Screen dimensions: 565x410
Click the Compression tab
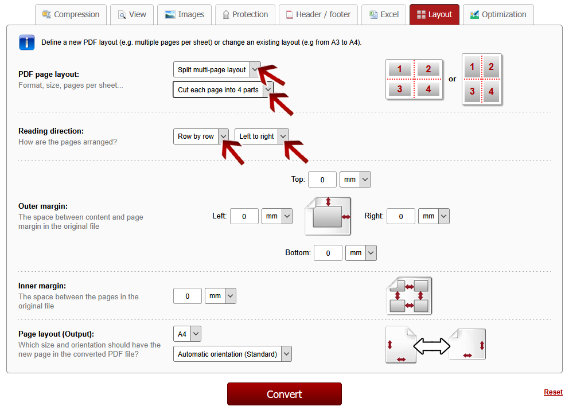(71, 14)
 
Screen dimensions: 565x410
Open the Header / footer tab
(318, 14)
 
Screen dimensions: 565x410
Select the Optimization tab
(498, 14)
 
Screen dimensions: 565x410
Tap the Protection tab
(246, 14)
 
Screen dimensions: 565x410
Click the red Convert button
(285, 394)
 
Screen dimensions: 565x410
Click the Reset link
(553, 392)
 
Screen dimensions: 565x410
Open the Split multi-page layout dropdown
(217, 69)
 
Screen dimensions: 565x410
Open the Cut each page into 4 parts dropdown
(223, 89)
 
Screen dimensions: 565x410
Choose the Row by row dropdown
(201, 136)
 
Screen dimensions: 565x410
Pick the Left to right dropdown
(262, 136)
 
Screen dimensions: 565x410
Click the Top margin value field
(322, 179)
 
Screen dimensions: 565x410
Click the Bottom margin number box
(328, 253)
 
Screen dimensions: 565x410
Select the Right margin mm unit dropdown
(434, 216)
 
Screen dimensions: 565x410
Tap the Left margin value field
(244, 216)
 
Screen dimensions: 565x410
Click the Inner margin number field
(188, 296)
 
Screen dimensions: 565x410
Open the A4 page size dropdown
(187, 334)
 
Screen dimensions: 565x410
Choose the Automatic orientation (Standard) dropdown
(232, 354)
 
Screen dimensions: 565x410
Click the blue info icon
(26, 42)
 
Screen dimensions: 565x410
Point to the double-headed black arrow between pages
(432, 346)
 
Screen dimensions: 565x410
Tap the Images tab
(185, 14)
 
